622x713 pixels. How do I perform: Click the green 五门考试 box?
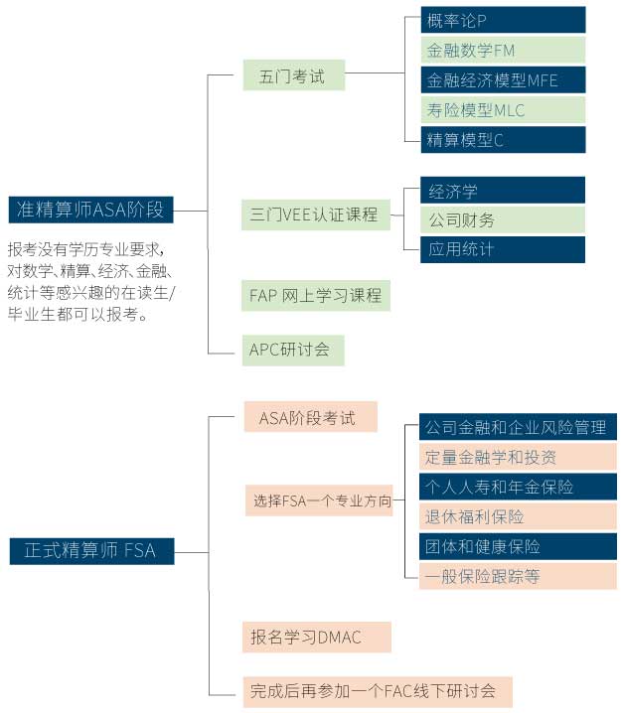click(293, 75)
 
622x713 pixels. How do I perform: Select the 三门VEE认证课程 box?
click(315, 214)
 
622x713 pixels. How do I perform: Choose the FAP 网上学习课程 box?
click(315, 295)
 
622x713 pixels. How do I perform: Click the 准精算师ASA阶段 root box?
click(90, 210)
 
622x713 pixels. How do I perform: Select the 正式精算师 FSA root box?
click(90, 550)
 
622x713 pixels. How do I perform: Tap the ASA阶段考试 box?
click(310, 417)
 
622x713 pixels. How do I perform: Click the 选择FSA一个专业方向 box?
click(319, 500)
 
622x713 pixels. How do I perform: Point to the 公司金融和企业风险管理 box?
click(517, 428)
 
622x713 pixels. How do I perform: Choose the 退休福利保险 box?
click(517, 516)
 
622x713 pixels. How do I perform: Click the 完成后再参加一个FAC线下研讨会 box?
click(377, 690)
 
